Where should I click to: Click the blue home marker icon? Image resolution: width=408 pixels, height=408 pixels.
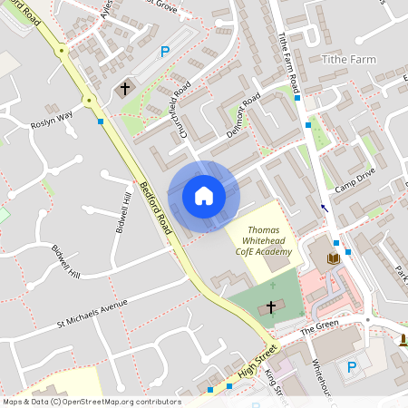(204, 196)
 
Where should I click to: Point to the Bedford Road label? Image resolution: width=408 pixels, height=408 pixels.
(155, 209)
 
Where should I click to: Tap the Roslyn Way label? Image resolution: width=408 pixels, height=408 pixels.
(52, 124)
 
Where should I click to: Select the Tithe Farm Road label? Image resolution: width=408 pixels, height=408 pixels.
(288, 60)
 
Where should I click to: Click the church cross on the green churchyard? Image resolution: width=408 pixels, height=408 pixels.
(270, 307)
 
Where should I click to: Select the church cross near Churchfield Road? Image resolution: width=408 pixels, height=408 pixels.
(124, 89)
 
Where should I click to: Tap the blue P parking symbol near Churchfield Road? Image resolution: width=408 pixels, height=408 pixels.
(165, 53)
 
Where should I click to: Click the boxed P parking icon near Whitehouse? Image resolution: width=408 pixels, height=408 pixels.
(352, 369)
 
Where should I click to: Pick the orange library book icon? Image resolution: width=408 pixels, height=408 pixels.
(333, 258)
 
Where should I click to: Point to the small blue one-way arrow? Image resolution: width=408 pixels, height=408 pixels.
(325, 209)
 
